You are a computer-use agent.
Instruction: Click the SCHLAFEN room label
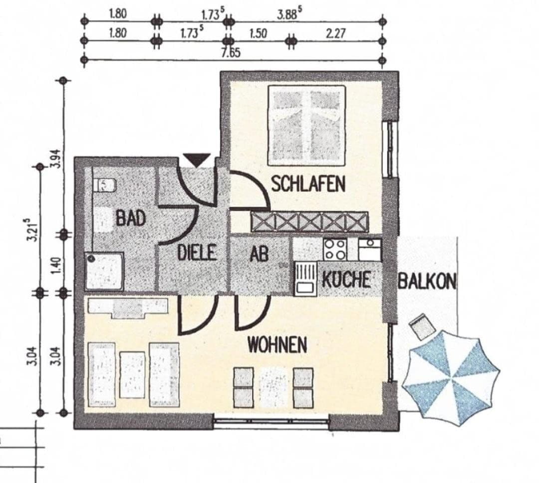[308, 184]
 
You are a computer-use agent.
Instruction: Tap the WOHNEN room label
[277, 345]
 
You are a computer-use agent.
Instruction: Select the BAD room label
[130, 218]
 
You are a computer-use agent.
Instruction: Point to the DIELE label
[197, 252]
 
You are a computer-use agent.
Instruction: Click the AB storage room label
[259, 254]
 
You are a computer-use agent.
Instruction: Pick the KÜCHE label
[346, 279]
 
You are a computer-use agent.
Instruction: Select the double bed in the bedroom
[307, 125]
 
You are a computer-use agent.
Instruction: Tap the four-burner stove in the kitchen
[335, 248]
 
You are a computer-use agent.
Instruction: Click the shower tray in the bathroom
[104, 271]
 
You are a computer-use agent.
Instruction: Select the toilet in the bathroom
[104, 186]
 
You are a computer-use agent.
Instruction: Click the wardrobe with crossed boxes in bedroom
[309, 222]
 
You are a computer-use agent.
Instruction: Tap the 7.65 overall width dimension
[231, 53]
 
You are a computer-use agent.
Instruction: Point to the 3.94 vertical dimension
[56, 159]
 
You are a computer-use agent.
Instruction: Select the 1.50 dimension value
[258, 33]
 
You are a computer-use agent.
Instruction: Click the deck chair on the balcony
[421, 327]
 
